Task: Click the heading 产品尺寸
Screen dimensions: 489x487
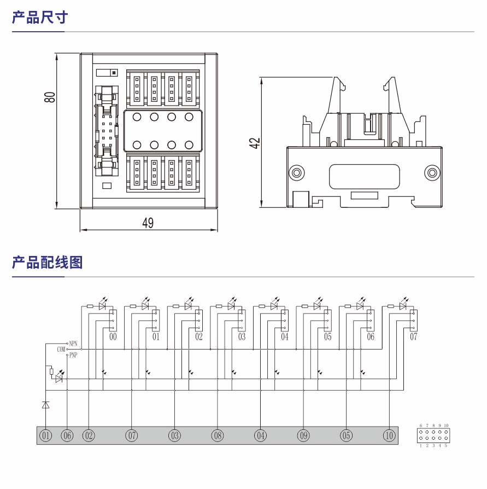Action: click(x=39, y=18)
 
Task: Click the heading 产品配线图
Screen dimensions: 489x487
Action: click(x=47, y=263)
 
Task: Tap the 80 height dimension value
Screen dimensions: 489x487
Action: click(x=50, y=97)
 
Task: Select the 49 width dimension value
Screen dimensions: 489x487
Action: click(x=148, y=223)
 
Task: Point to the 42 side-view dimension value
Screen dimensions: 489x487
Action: click(x=254, y=143)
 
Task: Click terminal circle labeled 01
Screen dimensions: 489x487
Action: click(x=45, y=436)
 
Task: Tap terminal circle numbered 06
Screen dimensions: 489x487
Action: click(x=67, y=436)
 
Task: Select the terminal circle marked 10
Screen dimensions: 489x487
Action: click(x=389, y=436)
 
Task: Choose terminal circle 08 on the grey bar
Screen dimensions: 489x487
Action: click(x=218, y=436)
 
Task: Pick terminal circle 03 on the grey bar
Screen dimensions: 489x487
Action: click(x=174, y=436)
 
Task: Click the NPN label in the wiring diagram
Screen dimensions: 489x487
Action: click(x=73, y=343)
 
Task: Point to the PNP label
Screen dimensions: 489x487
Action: click(x=73, y=354)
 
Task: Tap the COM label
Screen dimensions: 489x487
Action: click(x=61, y=349)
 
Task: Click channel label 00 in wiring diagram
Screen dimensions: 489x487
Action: click(x=113, y=337)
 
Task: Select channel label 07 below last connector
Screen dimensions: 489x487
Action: click(x=414, y=337)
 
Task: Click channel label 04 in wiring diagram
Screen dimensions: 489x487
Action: click(x=285, y=337)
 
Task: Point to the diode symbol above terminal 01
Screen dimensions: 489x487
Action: click(x=45, y=405)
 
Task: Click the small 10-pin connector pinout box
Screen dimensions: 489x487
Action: click(x=433, y=435)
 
